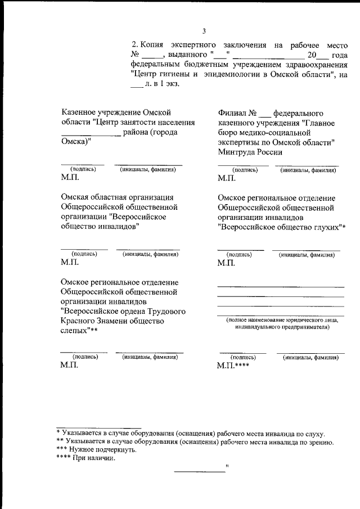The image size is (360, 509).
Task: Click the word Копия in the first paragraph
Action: point(152,44)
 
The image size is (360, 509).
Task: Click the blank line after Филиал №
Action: point(265,114)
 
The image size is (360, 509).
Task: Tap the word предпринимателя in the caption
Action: point(301,327)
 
